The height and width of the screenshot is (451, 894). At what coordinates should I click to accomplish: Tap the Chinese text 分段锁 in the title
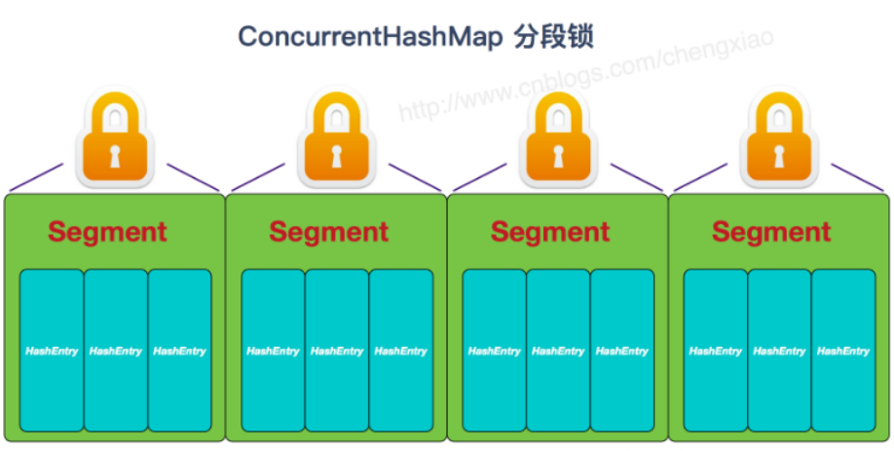coord(554,36)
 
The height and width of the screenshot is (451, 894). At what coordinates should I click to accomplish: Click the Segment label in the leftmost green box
coord(107,232)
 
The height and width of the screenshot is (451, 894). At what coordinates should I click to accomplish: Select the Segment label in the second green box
coord(328,232)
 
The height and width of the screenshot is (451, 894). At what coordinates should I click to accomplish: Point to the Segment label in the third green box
coord(550,232)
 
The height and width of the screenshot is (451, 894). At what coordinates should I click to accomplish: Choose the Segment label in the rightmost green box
coord(771,232)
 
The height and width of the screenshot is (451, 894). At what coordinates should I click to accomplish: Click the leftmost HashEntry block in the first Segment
coord(51,351)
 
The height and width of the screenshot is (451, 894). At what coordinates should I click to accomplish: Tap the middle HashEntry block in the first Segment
coord(115,351)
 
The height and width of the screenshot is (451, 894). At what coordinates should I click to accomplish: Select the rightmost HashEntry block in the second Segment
coord(400,351)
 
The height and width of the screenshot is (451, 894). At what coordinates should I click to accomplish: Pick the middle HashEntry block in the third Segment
coord(558,351)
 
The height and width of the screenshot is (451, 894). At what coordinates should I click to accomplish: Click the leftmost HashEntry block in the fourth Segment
coord(715,351)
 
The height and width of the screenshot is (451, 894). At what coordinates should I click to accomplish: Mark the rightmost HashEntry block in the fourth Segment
coord(843,351)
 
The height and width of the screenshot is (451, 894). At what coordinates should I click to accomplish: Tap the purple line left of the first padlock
coord(37,178)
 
